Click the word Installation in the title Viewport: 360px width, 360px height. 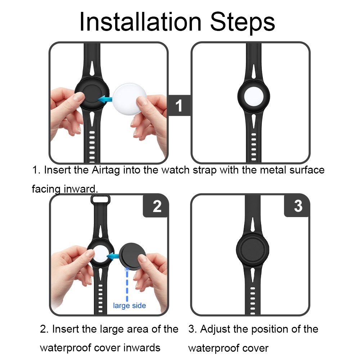140,22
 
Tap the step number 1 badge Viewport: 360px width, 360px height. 179,105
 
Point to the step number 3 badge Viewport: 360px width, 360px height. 298,206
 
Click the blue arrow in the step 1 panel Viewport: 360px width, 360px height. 105,100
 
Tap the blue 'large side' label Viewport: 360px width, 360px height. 130,306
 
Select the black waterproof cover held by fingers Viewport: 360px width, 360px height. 132,256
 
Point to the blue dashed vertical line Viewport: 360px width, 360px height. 127,285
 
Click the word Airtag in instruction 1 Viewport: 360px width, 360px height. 106,171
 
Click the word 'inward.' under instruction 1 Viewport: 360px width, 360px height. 81,189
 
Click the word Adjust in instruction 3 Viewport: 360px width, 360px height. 215,329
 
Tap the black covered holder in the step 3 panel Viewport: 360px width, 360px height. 252,249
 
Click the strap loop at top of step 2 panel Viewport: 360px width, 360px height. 100,199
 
